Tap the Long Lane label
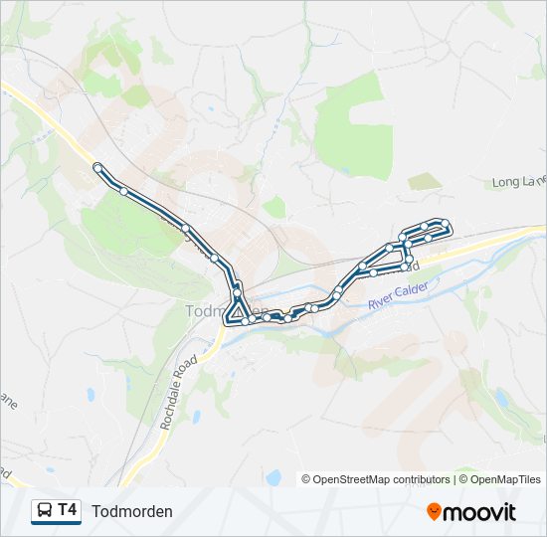519,181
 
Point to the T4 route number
68,510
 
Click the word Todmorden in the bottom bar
132,511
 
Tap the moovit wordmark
480,512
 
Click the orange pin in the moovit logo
435,512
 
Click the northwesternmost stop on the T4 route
97,167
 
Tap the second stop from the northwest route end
123,190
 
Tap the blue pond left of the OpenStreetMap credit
273,476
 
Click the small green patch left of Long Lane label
425,181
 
